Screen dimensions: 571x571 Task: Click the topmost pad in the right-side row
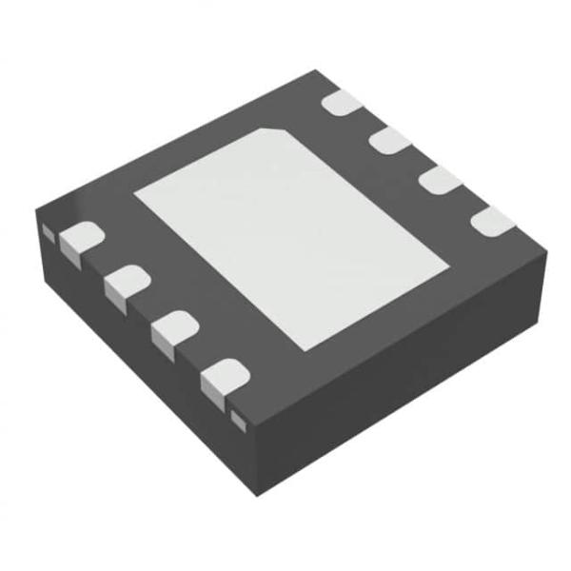click(344, 104)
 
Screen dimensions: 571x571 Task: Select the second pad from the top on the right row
click(389, 141)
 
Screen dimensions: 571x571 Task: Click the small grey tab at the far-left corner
click(47, 232)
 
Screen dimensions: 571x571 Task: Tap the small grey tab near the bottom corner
click(238, 421)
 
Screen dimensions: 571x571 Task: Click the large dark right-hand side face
click(409, 381)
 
